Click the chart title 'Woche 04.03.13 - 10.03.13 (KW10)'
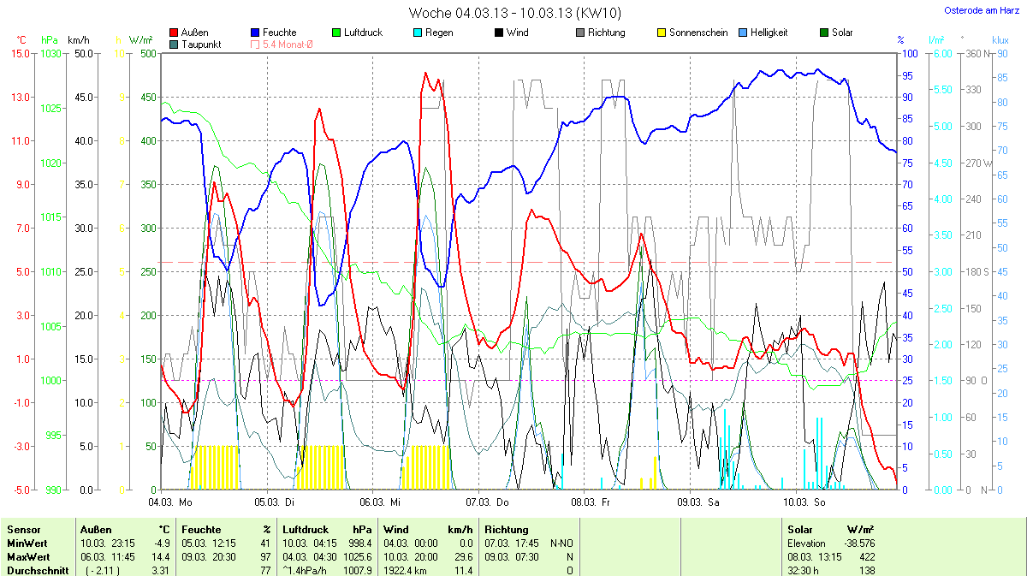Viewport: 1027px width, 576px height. click(514, 13)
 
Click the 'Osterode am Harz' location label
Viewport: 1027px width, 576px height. click(976, 10)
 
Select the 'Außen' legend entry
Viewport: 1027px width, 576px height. click(195, 33)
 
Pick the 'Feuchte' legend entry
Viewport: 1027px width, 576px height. click(279, 33)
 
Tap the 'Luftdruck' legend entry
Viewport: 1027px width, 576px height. click(363, 33)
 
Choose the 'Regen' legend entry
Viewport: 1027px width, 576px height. click(438, 33)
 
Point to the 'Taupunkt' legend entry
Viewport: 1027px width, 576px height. click(201, 44)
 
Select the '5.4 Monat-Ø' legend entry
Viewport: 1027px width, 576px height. click(287, 44)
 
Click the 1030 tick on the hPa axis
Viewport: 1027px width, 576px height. click(51, 53)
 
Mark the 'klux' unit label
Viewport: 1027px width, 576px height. click(1000, 39)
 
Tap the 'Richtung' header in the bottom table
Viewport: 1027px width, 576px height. click(507, 530)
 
